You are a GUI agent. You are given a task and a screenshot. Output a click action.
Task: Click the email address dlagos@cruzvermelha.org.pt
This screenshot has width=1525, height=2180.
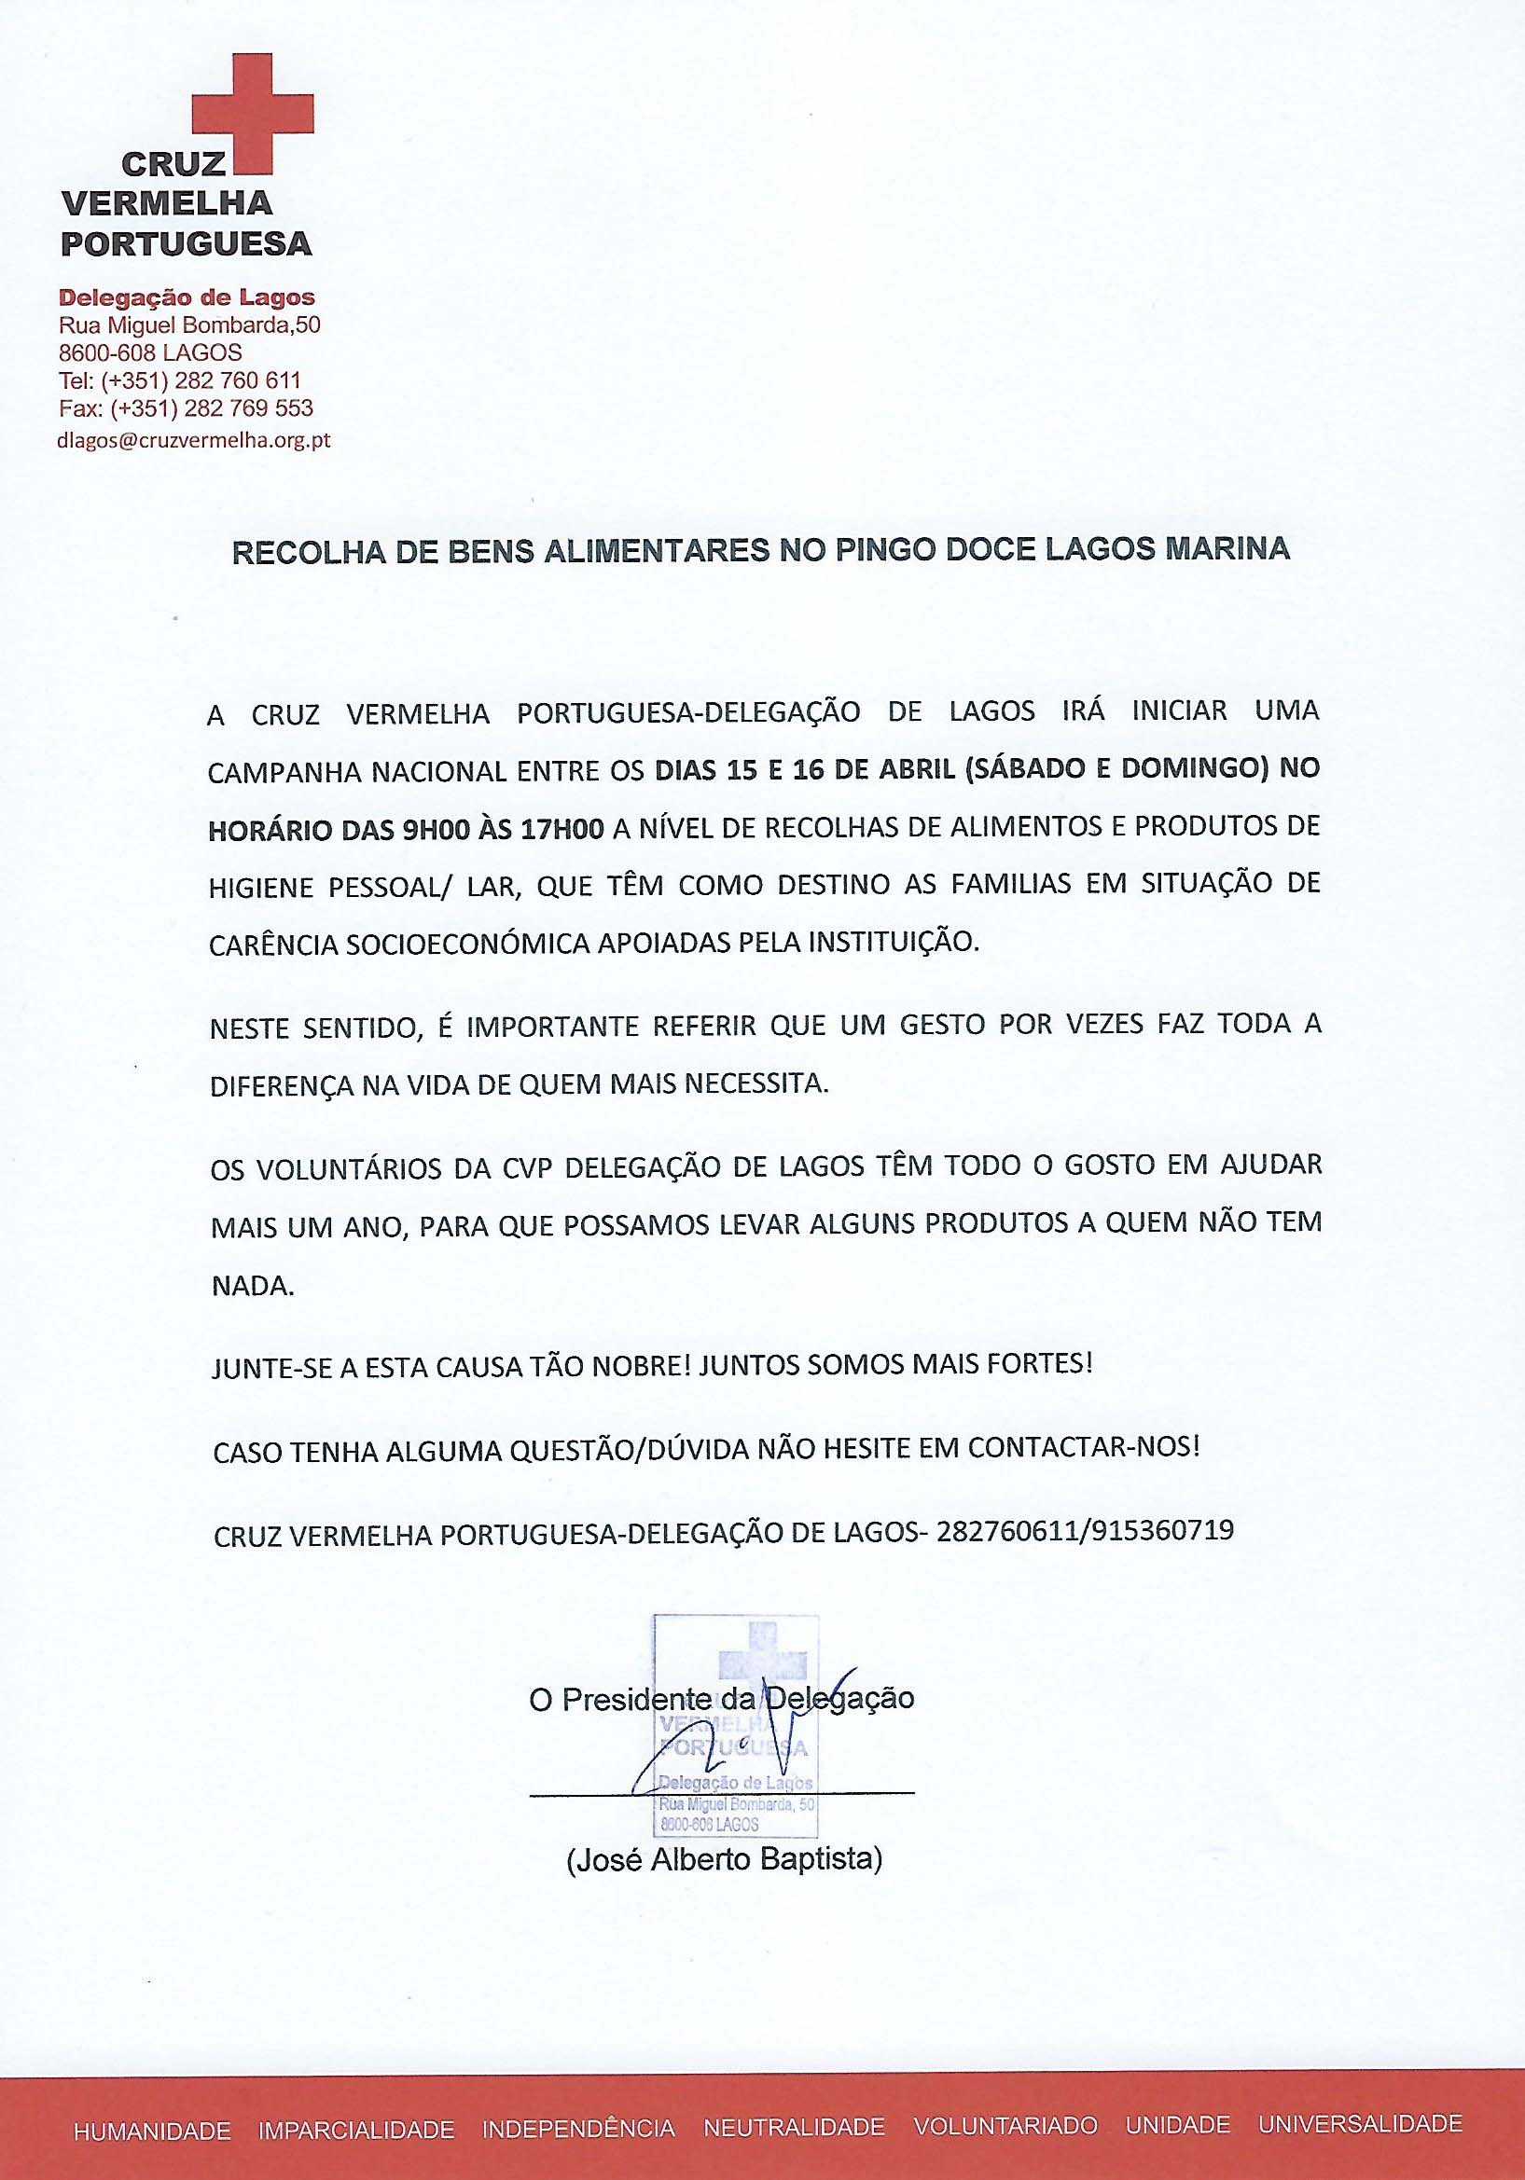pos(194,440)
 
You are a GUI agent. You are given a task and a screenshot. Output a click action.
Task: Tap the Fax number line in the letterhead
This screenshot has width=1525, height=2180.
pos(187,408)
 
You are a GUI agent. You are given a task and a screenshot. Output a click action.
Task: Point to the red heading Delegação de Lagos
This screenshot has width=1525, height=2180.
pos(187,297)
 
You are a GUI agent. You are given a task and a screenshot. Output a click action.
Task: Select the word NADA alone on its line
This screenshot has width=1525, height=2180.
pos(252,1287)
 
